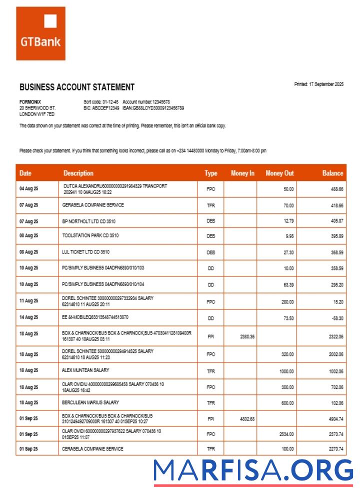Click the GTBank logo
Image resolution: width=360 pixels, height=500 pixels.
click(x=40, y=33)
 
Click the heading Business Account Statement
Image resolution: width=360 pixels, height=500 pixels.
click(x=76, y=87)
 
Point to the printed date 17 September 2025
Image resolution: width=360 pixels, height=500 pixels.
click(x=318, y=84)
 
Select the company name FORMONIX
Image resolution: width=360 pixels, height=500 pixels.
click(x=29, y=101)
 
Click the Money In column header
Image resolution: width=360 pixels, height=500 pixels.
click(x=242, y=173)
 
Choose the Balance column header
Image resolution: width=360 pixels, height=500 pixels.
click(x=332, y=173)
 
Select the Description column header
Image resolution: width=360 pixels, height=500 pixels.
click(x=78, y=173)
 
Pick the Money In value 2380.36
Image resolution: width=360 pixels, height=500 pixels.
click(x=247, y=336)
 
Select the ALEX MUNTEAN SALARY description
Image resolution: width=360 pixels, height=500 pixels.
click(x=85, y=370)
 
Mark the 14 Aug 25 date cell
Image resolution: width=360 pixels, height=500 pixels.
click(x=28, y=317)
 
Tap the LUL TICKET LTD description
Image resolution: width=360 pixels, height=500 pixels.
click(x=85, y=252)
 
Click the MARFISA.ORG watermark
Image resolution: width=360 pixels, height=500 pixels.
click(x=253, y=471)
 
